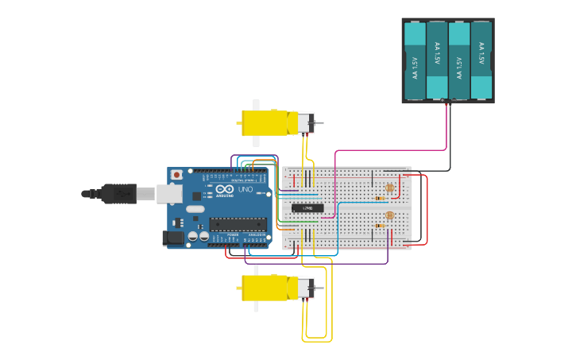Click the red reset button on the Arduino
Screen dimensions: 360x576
[x=176, y=173]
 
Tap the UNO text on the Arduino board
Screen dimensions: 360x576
[x=245, y=191]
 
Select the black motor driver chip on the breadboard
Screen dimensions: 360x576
[x=308, y=208]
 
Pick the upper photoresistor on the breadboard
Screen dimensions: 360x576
[x=389, y=188]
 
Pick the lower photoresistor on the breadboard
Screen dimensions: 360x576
[x=389, y=215]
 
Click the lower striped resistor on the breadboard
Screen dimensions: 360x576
[x=381, y=226]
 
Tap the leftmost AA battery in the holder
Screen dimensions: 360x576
[x=415, y=61]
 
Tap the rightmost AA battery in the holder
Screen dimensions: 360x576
[x=481, y=61]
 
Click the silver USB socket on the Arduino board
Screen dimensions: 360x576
[x=168, y=193]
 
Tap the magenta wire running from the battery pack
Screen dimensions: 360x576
[x=389, y=149]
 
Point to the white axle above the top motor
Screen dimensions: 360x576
[x=256, y=105]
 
